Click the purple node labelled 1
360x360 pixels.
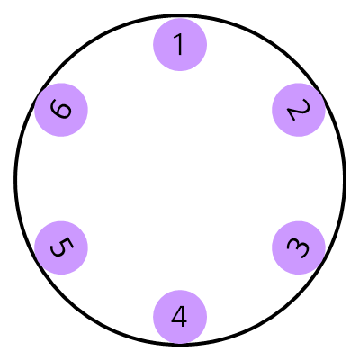pyautogui.click(x=180, y=44)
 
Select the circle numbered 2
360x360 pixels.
pyautogui.click(x=298, y=111)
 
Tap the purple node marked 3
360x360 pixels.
pyautogui.click(x=298, y=247)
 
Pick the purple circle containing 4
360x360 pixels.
pyautogui.click(x=180, y=316)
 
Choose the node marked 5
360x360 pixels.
pyautogui.click(x=61, y=247)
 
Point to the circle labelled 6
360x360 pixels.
pyautogui.click(x=61, y=111)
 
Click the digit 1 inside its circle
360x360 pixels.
pyautogui.click(x=180, y=44)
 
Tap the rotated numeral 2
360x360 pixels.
pyautogui.click(x=298, y=111)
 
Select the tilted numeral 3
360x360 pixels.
pyautogui.click(x=298, y=247)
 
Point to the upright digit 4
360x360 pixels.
pyautogui.click(x=180, y=316)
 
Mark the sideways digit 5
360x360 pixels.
pyautogui.click(x=61, y=247)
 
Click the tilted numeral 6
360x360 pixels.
pyautogui.click(x=61, y=111)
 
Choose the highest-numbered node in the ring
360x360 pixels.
pyautogui.click(x=61, y=111)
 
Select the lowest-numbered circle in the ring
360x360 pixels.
pyautogui.click(x=180, y=44)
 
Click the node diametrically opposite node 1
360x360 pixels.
pyautogui.click(x=180, y=316)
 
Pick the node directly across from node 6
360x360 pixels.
pyautogui.click(x=298, y=247)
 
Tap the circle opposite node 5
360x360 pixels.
pyautogui.click(x=298, y=111)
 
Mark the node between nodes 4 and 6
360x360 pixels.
pyautogui.click(x=61, y=247)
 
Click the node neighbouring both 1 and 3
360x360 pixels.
pyautogui.click(x=298, y=111)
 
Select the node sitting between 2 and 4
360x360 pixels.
pyautogui.click(x=298, y=247)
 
